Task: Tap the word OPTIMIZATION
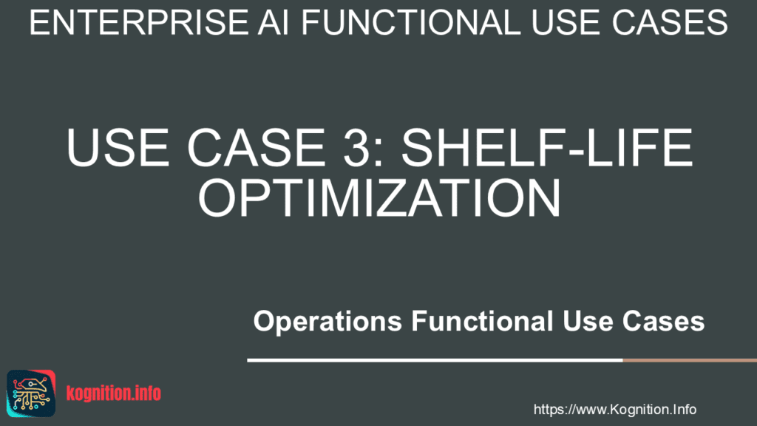[x=378, y=196]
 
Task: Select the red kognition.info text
[x=113, y=393]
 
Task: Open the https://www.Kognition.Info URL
[x=614, y=409]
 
